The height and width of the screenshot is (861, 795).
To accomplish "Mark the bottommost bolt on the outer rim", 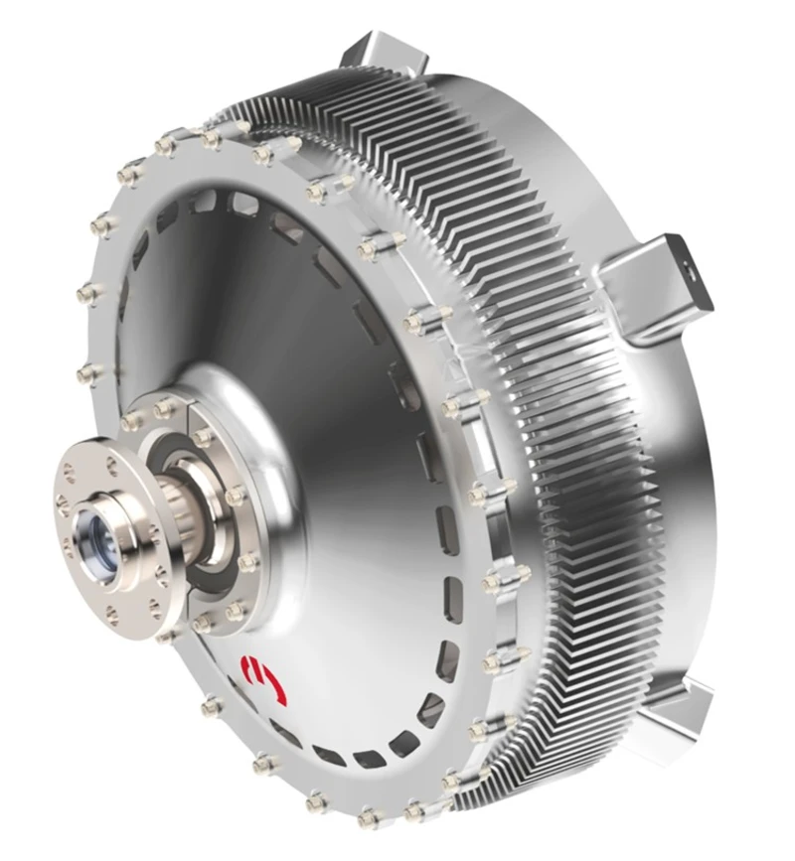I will coord(369,816).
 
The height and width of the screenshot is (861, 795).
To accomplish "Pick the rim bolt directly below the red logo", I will coord(263,764).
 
